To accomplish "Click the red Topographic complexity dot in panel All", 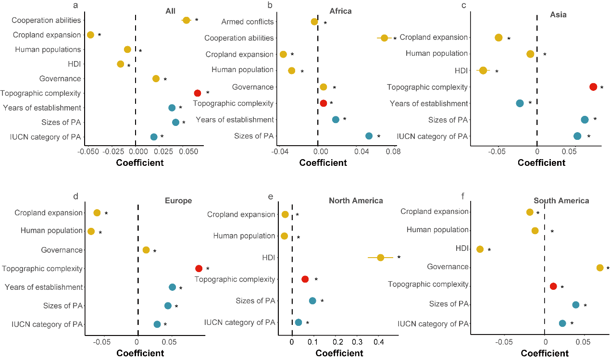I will (197, 93).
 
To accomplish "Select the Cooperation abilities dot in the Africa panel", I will (384, 38).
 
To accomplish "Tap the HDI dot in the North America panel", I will (380, 258).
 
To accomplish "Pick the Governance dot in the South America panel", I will (599, 268).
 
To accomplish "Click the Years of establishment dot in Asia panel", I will (520, 103).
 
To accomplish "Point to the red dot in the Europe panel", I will (199, 269).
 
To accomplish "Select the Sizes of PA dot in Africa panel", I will (369, 136).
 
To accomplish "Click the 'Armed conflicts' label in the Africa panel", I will (248, 22).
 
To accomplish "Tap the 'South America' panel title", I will (561, 200).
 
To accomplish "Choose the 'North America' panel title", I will (356, 200).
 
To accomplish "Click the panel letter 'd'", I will (75, 197).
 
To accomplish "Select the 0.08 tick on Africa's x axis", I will (393, 151).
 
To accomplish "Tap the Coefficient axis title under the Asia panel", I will (541, 162).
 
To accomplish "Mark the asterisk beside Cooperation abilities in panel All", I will (197, 21).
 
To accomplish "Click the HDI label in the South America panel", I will (461, 248).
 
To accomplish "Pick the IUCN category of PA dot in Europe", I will (157, 324).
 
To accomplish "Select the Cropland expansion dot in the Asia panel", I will (498, 38).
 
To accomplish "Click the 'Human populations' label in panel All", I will (48, 50).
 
